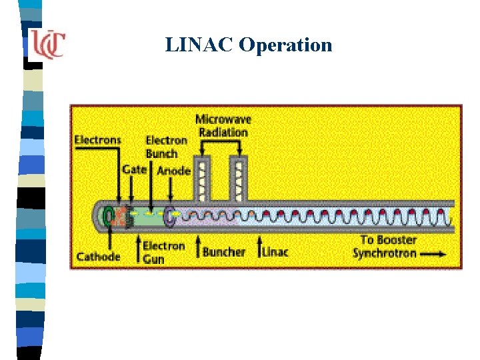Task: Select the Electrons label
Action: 97,140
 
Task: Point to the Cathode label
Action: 99,256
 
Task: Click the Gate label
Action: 134,169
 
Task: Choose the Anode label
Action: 173,171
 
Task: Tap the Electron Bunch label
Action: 166,147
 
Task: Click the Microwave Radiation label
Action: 223,126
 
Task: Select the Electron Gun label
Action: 163,252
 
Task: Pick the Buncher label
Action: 224,252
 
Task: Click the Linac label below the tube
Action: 275,252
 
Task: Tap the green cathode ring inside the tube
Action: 107,216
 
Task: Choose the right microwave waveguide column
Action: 238,179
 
